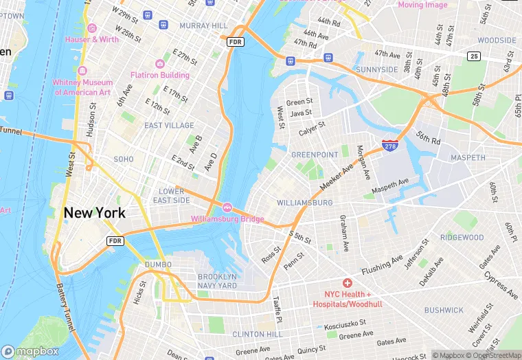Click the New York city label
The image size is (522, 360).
point(95,212)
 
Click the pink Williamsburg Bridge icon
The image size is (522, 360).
point(227,207)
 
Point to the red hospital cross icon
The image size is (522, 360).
point(348,283)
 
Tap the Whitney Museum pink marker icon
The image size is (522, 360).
point(82,71)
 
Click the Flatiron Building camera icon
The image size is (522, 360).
point(160,63)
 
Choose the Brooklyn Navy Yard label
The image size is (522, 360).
point(217,281)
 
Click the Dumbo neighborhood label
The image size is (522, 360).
point(158,265)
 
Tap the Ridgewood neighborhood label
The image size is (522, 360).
point(462,237)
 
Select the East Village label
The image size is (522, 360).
point(169,126)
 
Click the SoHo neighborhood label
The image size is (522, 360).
point(124,159)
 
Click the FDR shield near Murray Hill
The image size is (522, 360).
point(236,42)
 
